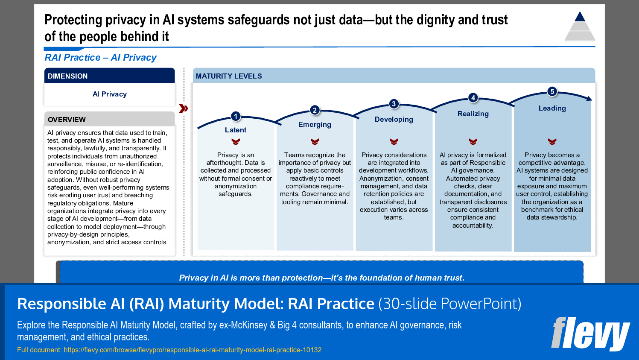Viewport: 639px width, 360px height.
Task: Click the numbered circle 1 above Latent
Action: [x=236, y=116]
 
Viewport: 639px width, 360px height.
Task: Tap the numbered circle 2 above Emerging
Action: [x=315, y=110]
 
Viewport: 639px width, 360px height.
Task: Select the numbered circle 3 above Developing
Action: [x=394, y=104]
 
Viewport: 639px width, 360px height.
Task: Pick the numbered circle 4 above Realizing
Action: [x=473, y=98]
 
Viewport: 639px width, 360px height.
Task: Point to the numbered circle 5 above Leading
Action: [x=552, y=91]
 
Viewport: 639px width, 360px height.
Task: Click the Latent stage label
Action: [x=236, y=130]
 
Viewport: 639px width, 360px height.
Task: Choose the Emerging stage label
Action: [x=315, y=124]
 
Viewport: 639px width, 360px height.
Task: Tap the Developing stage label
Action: [x=394, y=119]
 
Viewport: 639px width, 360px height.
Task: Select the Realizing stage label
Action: [x=473, y=114]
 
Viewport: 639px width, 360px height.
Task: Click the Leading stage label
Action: [x=552, y=108]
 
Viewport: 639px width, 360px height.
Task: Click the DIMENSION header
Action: [x=67, y=76]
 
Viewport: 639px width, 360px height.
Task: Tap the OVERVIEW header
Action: [x=67, y=120]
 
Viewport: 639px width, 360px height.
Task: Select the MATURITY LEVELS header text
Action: [x=229, y=76]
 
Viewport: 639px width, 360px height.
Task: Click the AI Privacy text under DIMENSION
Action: [x=110, y=94]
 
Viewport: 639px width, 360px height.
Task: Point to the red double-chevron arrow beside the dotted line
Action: [x=184, y=108]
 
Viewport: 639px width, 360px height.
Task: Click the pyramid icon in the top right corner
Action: [x=580, y=26]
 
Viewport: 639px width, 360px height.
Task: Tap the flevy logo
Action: [x=590, y=334]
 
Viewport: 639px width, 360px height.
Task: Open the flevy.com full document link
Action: [x=193, y=350]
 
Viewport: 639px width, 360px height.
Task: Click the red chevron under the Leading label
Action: [x=552, y=142]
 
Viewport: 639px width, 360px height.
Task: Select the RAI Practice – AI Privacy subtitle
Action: [x=100, y=57]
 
